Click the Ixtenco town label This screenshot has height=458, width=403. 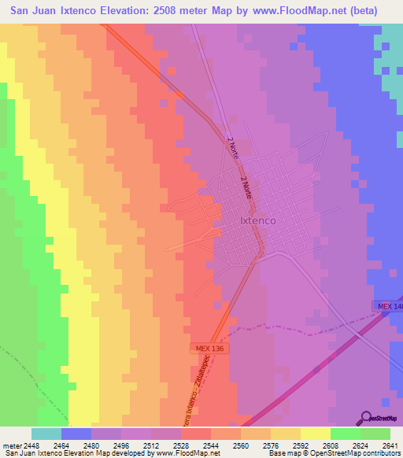pos(257,221)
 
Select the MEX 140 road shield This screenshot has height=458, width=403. pos(387,305)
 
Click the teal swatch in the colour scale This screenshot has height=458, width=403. pos(46,434)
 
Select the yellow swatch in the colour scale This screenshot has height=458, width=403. pos(316,434)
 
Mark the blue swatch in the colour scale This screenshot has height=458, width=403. pos(76,434)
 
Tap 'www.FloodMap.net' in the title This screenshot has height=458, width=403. pos(287,11)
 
